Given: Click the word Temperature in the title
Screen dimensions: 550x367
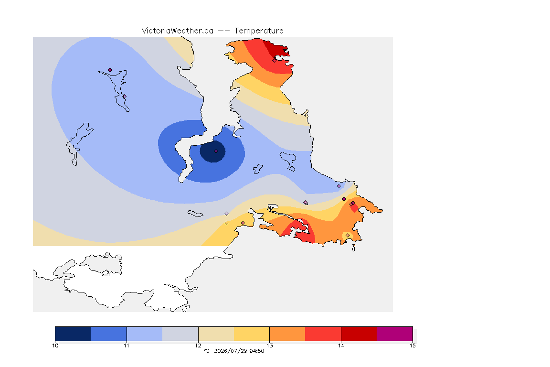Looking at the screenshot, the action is click(x=259, y=31).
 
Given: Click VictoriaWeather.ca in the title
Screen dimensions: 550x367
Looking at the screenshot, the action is click(x=178, y=31).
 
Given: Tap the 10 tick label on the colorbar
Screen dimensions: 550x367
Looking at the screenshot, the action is click(x=55, y=345).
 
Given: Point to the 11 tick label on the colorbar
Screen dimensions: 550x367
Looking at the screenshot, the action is click(x=127, y=345).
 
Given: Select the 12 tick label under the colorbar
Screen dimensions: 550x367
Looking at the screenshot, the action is click(x=198, y=345).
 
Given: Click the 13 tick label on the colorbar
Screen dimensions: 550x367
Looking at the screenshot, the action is click(x=269, y=345).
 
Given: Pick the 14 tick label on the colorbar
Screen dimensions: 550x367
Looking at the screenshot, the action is click(x=341, y=345).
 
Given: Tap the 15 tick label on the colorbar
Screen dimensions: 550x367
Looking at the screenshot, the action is click(x=412, y=345).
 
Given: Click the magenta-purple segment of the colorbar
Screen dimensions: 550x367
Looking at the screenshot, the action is click(x=395, y=334).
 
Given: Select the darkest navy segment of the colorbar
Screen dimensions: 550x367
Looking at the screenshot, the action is click(x=73, y=334).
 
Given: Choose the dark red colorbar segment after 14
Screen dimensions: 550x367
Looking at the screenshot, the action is click(x=359, y=334).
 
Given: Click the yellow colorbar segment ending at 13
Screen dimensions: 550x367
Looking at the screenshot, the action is click(x=252, y=334).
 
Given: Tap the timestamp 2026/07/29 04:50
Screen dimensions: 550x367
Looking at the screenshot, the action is click(x=239, y=351).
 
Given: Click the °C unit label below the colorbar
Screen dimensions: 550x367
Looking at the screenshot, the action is click(x=206, y=351).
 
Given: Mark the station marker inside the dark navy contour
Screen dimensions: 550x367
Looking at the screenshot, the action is click(x=216, y=151).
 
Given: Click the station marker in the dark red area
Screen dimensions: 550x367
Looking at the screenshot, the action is click(x=275, y=60).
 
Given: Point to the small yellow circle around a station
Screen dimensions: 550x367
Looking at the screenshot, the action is click(x=347, y=236).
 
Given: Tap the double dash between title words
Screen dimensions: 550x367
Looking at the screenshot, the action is click(x=224, y=31).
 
